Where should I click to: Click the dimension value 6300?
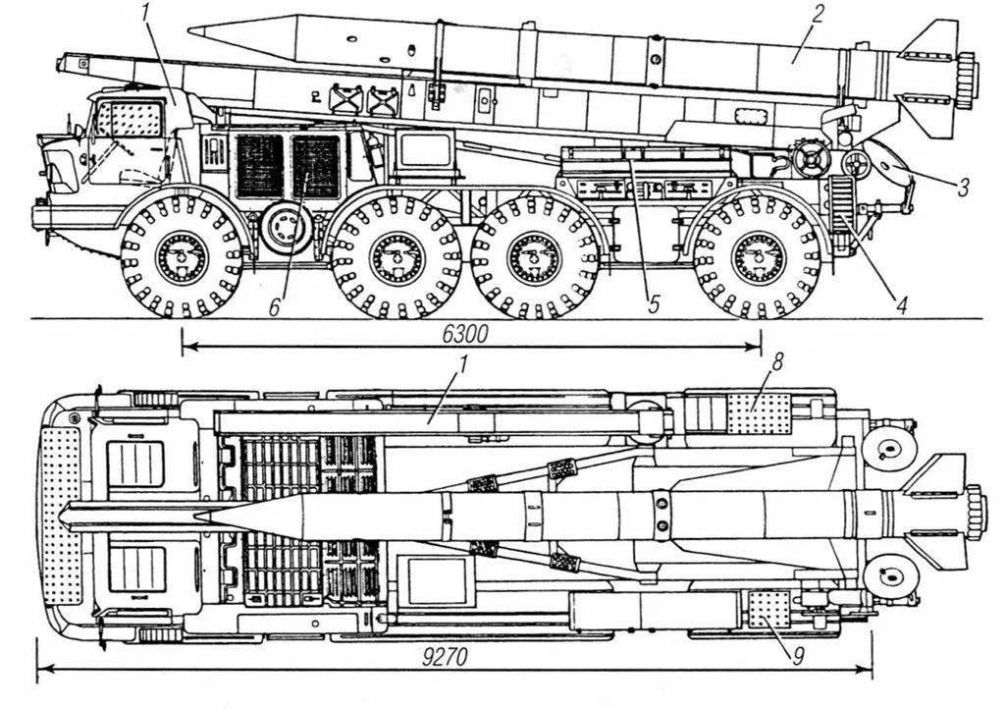coord(466,334)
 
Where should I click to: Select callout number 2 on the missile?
coord(818,13)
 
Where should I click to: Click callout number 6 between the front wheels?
coord(275,306)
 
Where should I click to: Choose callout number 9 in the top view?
coord(797,655)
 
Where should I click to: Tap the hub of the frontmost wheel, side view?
coord(182,257)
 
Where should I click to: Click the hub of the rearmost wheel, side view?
coord(759,257)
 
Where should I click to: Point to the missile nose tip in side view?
coord(189,30)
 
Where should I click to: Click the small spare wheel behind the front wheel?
coord(286,228)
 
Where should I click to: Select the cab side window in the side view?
coord(131,117)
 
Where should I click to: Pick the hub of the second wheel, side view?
coord(396,257)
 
